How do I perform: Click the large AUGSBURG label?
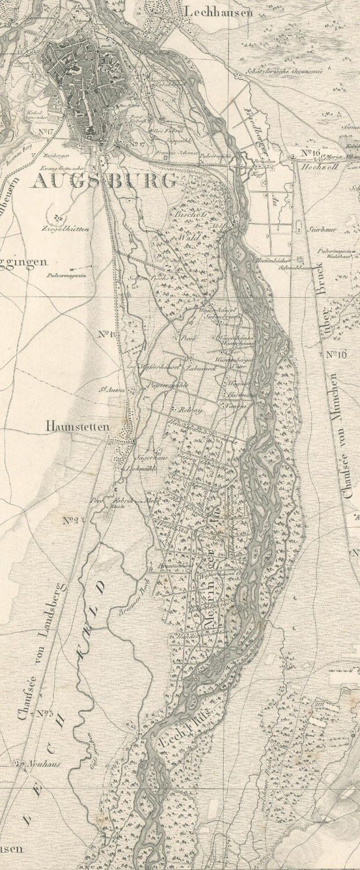click(x=104, y=180)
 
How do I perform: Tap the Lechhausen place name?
click(x=218, y=12)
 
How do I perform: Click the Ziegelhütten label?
click(x=65, y=228)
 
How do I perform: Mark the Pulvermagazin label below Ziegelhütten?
click(x=66, y=276)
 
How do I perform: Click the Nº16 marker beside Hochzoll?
click(x=310, y=153)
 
